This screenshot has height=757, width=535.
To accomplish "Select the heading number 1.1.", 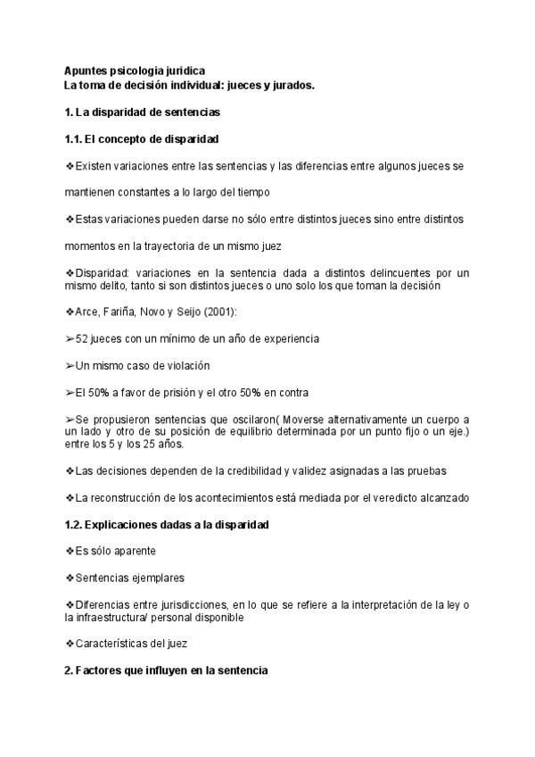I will (x=74, y=140).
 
